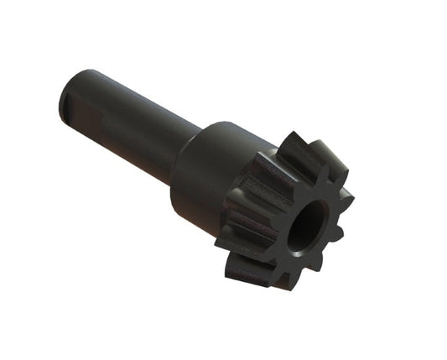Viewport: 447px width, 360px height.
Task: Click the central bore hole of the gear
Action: click(307, 227)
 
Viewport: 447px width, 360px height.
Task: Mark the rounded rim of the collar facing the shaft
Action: click(186, 147)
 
